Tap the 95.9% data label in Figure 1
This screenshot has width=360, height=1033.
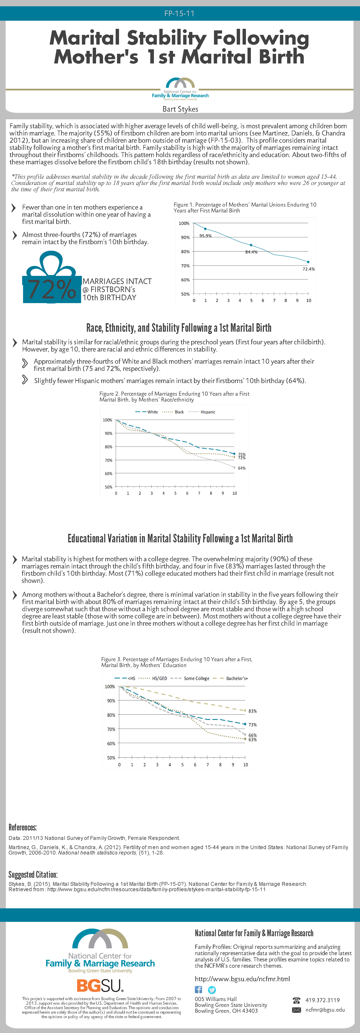[205, 236]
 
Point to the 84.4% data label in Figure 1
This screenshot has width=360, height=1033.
[251, 252]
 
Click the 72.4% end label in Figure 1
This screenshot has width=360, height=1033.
[309, 269]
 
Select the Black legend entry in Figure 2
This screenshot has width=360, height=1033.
[179, 412]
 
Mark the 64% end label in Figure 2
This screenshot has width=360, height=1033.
[242, 468]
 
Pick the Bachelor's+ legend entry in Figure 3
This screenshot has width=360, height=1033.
[236, 679]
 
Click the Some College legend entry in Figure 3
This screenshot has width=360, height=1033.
[196, 679]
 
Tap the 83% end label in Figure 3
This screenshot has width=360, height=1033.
[252, 711]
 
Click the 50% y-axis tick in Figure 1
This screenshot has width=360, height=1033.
[185, 294]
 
